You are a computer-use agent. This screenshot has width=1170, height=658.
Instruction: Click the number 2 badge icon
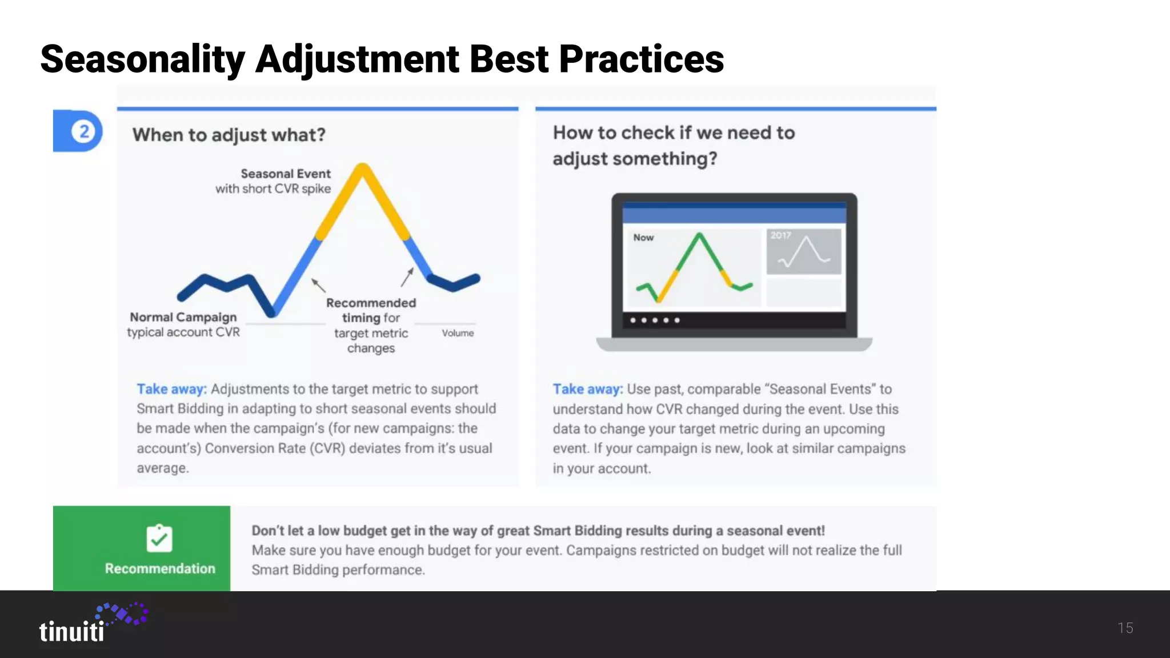(84, 131)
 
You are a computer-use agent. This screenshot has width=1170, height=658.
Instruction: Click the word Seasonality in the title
(143, 59)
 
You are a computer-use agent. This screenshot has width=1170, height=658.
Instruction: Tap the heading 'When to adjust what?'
(229, 135)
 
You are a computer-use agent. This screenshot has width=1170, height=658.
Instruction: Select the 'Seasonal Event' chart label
(286, 174)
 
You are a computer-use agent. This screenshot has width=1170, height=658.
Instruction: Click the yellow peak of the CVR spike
(362, 169)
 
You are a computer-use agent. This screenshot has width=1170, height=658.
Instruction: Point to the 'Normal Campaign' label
(183, 317)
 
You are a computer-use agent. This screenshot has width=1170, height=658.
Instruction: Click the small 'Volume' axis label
(458, 333)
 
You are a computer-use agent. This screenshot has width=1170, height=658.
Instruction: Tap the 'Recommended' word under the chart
(371, 303)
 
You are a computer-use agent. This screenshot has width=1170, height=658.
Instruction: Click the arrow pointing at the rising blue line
(318, 284)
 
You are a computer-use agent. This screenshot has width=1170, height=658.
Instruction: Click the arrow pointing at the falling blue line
(407, 276)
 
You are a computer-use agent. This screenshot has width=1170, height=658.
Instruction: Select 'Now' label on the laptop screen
(643, 238)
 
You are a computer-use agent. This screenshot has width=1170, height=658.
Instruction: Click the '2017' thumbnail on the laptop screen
(803, 252)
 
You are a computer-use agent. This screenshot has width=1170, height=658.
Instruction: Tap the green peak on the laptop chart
(699, 235)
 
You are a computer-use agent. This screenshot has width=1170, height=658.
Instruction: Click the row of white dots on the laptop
(655, 320)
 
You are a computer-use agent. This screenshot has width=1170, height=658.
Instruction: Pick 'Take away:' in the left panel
(171, 389)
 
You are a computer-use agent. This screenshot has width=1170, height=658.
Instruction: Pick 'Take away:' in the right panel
(587, 389)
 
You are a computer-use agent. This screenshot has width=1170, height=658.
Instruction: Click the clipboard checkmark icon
(159, 538)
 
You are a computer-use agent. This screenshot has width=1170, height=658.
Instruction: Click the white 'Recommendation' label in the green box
(160, 568)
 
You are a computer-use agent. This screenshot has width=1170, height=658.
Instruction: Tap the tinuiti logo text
(72, 632)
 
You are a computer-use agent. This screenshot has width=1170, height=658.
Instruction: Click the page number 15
(1125, 628)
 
